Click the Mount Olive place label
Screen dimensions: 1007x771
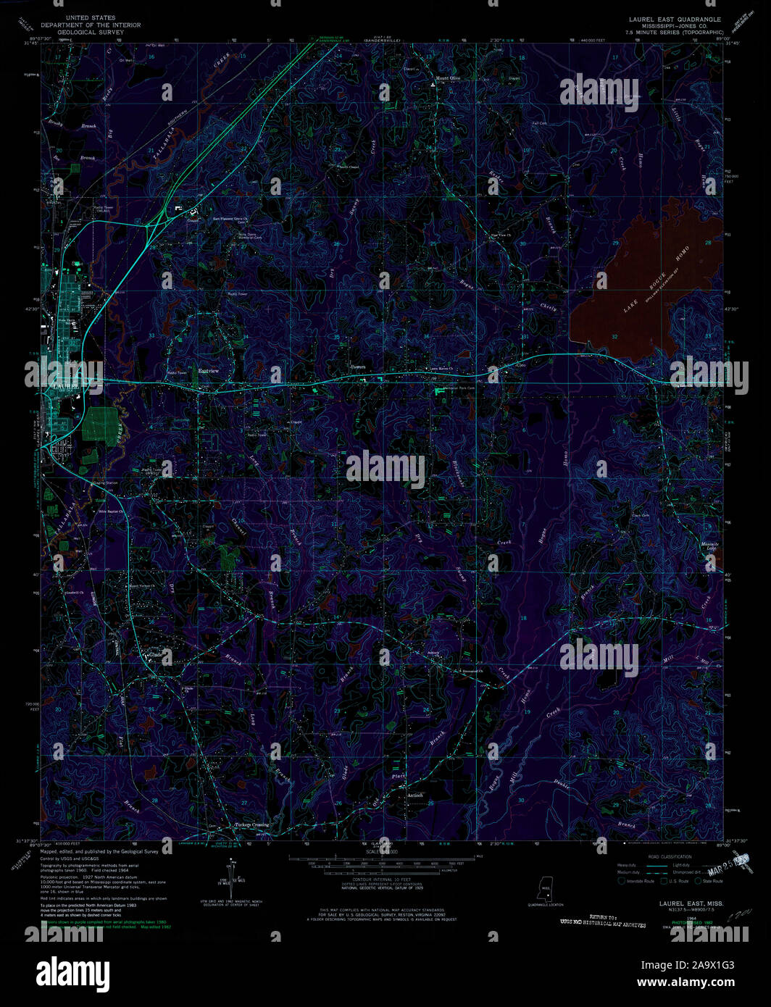tap(447, 78)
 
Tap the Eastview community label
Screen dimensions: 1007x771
tap(209, 371)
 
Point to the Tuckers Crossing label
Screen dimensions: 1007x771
tap(251, 824)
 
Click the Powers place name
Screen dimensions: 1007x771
tap(358, 367)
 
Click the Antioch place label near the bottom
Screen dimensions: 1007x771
tap(414, 795)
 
